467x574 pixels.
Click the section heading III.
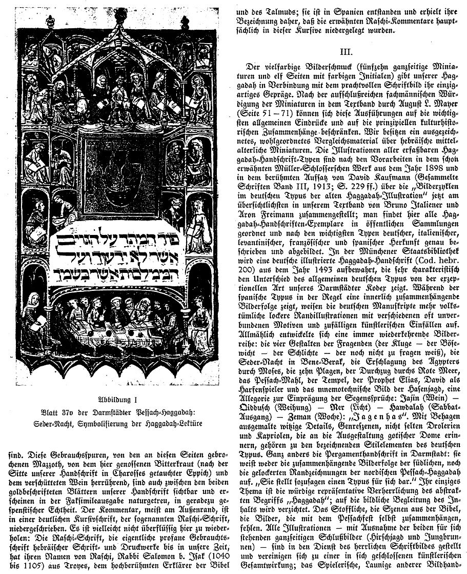click(x=349, y=51)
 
